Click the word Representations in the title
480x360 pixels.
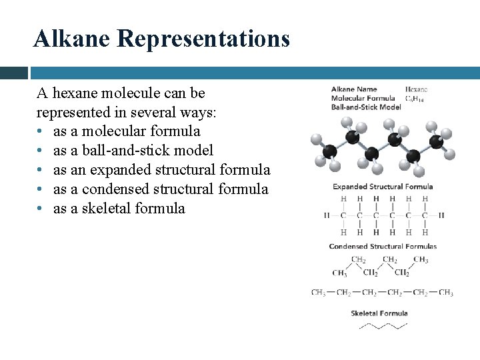click(203, 39)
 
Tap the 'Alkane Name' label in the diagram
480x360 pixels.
click(354, 89)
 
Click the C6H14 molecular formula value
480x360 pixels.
click(415, 99)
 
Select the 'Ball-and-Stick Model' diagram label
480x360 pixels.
click(366, 107)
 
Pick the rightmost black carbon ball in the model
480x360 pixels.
click(436, 141)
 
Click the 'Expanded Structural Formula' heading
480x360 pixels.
click(383, 187)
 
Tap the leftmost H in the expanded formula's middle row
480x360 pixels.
click(327, 215)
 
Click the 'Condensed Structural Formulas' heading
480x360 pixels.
click(383, 246)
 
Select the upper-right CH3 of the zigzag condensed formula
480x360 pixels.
click(421, 259)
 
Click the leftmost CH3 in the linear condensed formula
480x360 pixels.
click(319, 293)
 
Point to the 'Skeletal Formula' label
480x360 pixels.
click(379, 313)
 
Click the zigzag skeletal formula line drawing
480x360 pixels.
click(383, 326)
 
